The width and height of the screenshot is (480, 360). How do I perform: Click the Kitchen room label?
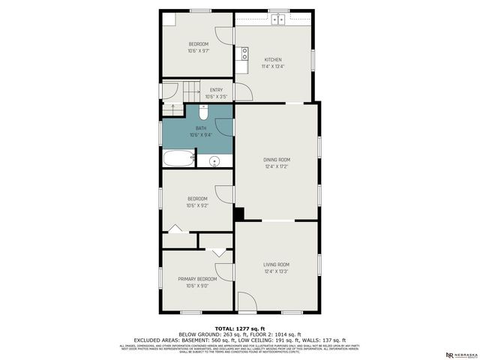click(272, 59)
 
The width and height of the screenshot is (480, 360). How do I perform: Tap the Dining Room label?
click(276, 159)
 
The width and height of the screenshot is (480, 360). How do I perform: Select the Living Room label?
click(276, 264)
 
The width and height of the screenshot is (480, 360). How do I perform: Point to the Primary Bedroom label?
click(197, 278)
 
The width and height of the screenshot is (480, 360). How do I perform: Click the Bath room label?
click(201, 128)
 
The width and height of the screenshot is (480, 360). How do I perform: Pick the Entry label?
click(216, 90)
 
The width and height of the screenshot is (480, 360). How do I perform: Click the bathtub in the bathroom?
click(178, 159)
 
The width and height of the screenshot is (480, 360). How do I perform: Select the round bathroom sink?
click(214, 160)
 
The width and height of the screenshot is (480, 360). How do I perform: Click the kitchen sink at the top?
click(279, 19)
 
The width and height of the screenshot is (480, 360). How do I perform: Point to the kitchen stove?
click(244, 54)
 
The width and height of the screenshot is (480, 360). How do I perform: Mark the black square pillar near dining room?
click(238, 214)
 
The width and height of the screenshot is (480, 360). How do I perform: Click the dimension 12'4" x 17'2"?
click(276, 166)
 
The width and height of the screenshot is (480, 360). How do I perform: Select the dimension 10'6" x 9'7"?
click(198, 52)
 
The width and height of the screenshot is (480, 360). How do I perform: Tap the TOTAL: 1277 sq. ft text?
click(239, 328)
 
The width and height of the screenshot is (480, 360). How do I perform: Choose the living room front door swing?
click(247, 302)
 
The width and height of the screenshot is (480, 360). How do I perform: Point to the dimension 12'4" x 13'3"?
click(276, 271)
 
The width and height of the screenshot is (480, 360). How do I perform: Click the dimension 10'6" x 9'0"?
click(197, 286)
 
